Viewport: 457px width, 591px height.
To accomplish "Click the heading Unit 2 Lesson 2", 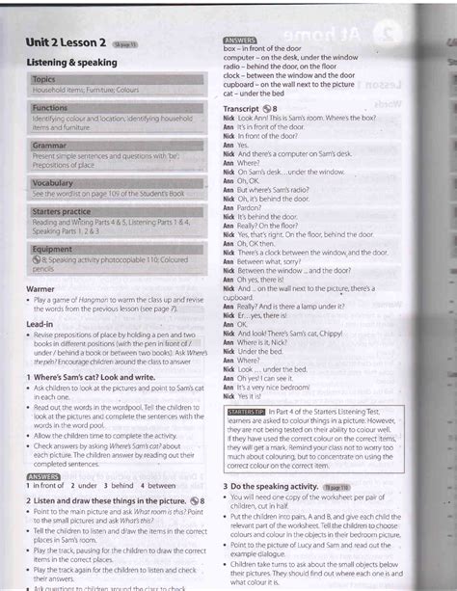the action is click(60, 44).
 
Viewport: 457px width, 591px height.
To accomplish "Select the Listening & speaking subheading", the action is click(66, 61).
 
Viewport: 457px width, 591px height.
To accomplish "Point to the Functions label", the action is click(50, 109).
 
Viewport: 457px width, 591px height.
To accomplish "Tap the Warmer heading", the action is click(37, 287).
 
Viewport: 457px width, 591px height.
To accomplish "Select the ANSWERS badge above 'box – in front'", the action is click(240, 39).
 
